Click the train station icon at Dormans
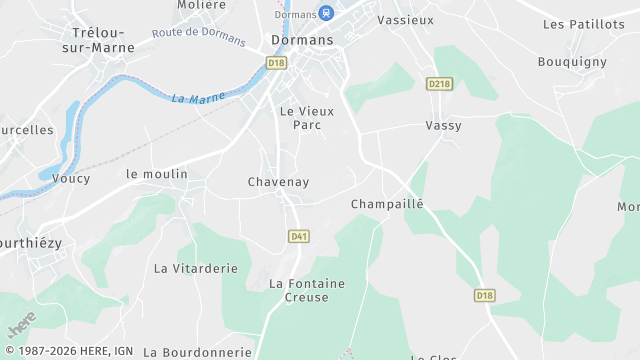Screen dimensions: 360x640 point(325,13)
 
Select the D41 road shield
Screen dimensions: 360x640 point(297,236)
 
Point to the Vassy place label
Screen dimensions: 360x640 point(442,126)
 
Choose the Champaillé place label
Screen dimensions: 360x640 point(387,204)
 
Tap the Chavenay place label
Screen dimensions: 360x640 point(278,182)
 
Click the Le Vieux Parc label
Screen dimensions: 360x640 point(306,118)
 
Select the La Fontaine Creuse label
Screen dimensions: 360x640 point(307,291)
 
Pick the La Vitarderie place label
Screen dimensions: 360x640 point(195,268)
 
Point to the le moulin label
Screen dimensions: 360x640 point(157,174)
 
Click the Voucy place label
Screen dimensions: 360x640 point(71,179)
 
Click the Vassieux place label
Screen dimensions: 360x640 point(403,20)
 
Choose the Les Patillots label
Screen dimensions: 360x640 point(583,24)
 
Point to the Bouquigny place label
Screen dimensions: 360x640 point(572,62)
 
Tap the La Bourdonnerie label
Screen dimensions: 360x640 point(198,352)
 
